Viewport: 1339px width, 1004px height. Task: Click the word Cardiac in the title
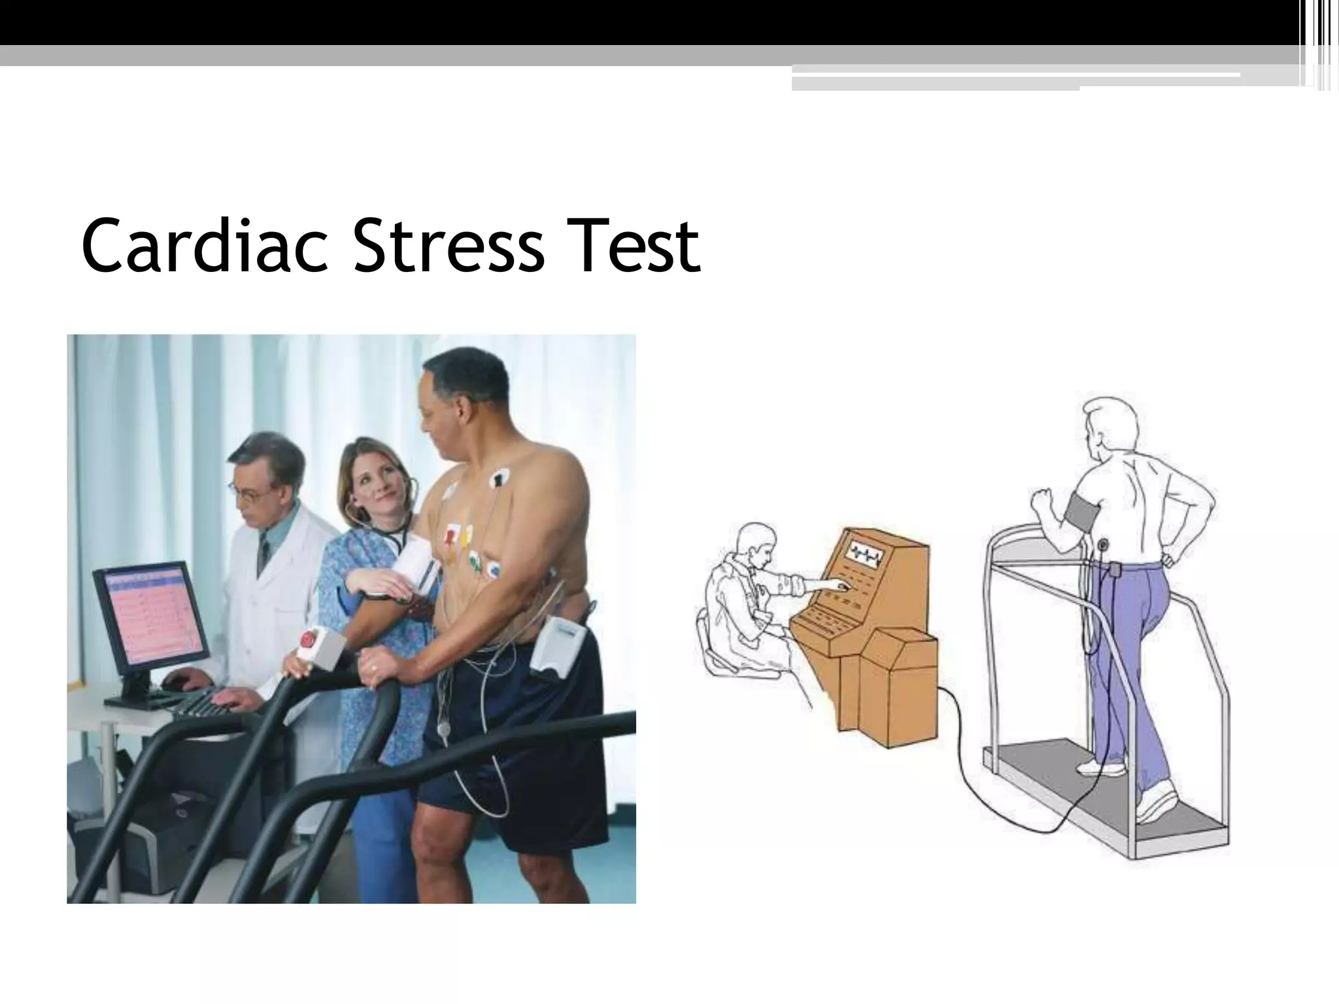tap(203, 246)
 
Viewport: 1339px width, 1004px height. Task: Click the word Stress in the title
tap(448, 246)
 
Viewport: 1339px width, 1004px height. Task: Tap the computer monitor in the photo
tap(152, 618)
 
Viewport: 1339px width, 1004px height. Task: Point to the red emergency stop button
tap(310, 637)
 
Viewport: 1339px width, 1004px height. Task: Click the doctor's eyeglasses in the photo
tap(249, 491)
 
